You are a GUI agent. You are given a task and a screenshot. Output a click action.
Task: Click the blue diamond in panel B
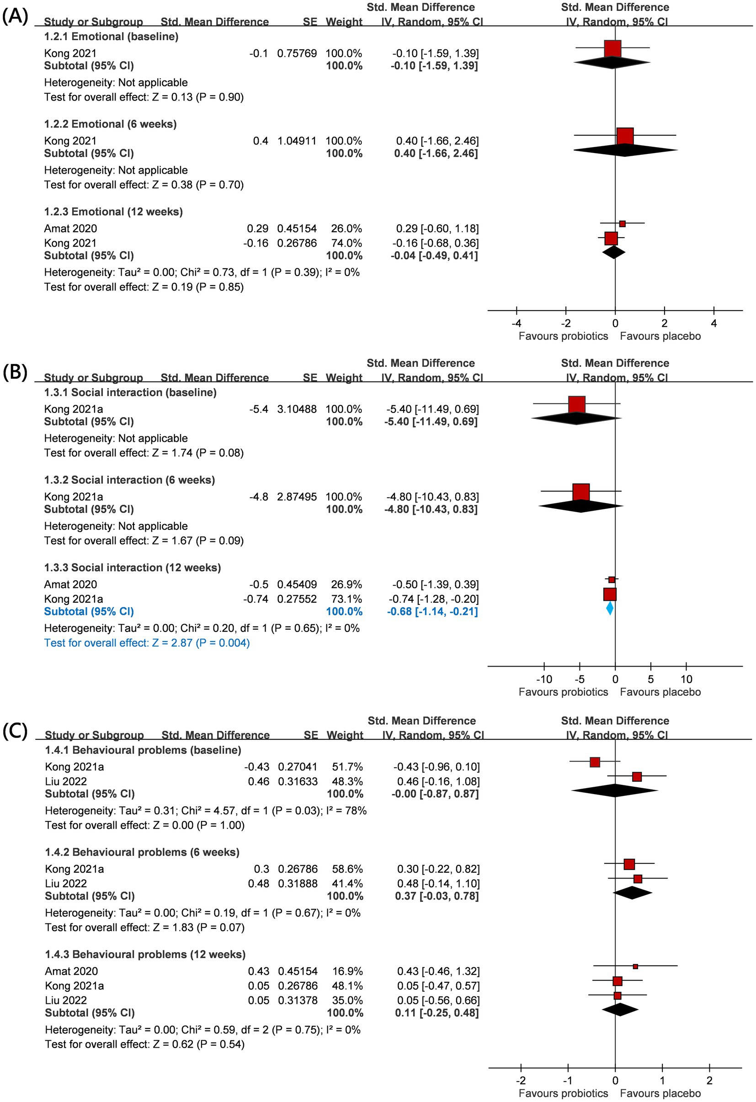(610, 609)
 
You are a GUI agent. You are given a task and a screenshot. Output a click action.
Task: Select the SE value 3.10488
(297, 409)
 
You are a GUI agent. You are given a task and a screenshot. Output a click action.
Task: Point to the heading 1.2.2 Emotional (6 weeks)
(110, 124)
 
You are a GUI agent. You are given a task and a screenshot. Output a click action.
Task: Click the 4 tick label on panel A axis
(714, 323)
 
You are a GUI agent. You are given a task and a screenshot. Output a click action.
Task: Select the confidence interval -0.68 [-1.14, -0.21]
(432, 611)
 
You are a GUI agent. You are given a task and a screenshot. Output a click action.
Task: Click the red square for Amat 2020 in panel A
(622, 224)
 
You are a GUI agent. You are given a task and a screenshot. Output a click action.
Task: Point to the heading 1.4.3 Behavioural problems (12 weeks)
(145, 954)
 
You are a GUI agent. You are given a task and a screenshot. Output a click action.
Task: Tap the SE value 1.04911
(297, 141)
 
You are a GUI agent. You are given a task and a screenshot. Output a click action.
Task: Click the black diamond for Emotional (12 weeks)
(614, 252)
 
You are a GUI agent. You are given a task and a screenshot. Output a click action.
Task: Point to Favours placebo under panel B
(660, 692)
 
